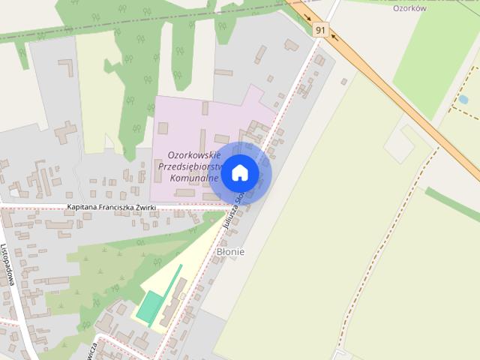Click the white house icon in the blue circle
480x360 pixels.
click(x=239, y=172)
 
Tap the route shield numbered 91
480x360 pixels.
click(x=321, y=30)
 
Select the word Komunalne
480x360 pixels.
click(x=194, y=178)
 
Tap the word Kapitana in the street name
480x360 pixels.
click(x=84, y=207)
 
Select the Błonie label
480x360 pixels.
click(x=230, y=252)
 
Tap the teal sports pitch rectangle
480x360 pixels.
click(x=150, y=307)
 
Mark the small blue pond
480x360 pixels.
click(x=463, y=99)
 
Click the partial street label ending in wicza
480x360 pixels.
click(x=89, y=348)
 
